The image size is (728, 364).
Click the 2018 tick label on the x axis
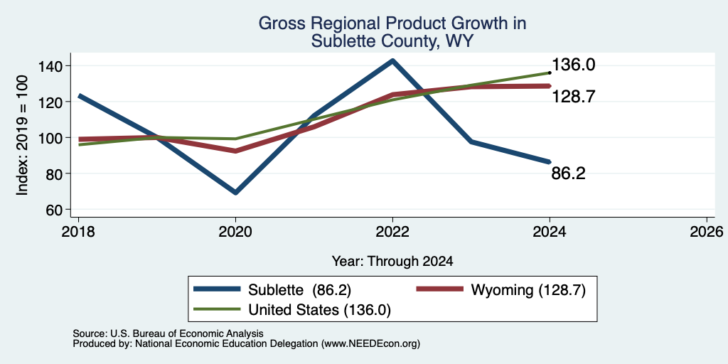coord(78,231)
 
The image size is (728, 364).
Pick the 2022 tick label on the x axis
coord(392,231)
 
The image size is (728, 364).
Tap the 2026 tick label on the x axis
coord(707,231)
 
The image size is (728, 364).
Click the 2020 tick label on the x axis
coord(235,231)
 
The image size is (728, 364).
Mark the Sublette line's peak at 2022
coord(392,60)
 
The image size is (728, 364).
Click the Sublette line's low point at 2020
coord(235,192)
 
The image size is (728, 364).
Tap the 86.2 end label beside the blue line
coord(568,173)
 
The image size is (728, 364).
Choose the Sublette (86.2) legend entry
coord(272,290)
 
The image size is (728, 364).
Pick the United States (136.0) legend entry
coord(292,310)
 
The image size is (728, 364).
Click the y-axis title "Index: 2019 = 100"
coord(22,136)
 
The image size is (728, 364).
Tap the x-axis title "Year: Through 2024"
coord(392,262)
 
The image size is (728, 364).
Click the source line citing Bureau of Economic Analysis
coord(168,333)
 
